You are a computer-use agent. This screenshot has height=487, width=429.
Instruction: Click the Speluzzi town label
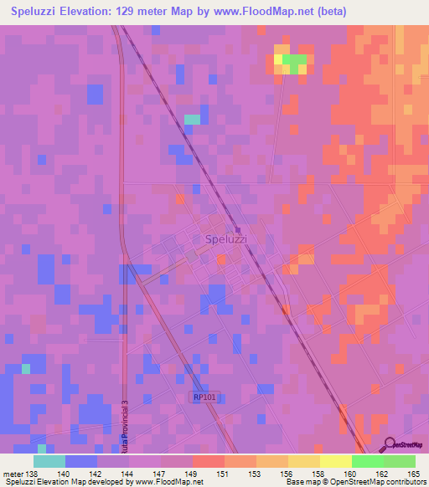pos(227,238)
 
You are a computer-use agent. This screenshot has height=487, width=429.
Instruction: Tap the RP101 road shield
pos(205,397)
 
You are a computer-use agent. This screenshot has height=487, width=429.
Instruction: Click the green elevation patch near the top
pos(294,59)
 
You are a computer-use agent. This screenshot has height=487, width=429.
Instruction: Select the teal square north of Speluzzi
pos(193,120)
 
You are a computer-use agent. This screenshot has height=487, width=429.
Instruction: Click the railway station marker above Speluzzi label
pos(238,229)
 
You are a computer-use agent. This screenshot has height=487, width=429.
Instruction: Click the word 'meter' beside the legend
pos(12,474)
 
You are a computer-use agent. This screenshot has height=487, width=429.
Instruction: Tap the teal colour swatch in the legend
pos(49,461)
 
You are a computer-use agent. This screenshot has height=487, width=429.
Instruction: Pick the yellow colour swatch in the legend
pos(335,461)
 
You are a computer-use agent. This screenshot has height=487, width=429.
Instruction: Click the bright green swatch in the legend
pos(367,461)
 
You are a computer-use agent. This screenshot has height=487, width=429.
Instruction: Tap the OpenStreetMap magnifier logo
pos(387,443)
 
